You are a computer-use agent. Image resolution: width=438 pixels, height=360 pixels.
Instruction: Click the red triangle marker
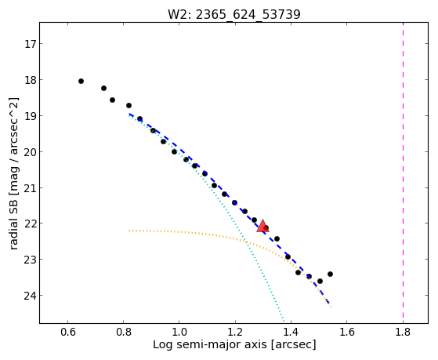pyautogui.click(x=262, y=227)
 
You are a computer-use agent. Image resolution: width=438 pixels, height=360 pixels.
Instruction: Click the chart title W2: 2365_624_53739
pyautogui.click(x=234, y=14)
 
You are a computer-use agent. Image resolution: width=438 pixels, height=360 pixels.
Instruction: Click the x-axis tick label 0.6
pyautogui.click(x=68, y=332)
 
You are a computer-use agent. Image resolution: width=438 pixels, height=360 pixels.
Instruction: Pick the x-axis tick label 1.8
pyautogui.click(x=403, y=332)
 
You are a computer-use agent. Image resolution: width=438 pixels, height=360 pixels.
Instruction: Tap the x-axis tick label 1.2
pyautogui.click(x=236, y=332)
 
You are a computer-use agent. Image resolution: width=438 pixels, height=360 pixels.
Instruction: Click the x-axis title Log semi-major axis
pyautogui.click(x=209, y=345)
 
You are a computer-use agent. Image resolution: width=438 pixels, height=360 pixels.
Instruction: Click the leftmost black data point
pyautogui.click(x=81, y=81)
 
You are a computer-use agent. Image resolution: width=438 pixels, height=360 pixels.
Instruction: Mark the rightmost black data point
pyautogui.click(x=330, y=275)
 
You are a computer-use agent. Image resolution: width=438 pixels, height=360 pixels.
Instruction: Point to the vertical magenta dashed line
pyautogui.click(x=403, y=173)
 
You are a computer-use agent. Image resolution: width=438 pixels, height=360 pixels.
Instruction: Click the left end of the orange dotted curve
pyautogui.click(x=129, y=231)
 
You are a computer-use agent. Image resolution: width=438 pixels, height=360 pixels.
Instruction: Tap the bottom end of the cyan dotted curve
pyautogui.click(x=284, y=322)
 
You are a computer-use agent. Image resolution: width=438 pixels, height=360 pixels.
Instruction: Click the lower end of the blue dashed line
pyautogui.click(x=329, y=304)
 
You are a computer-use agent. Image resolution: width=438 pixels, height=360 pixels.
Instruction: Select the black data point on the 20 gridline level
pyautogui.click(x=174, y=152)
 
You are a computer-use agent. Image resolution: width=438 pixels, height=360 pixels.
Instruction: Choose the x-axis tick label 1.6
pyautogui.click(x=347, y=332)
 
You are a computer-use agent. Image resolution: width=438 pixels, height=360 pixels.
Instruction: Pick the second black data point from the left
pyautogui.click(x=103, y=88)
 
